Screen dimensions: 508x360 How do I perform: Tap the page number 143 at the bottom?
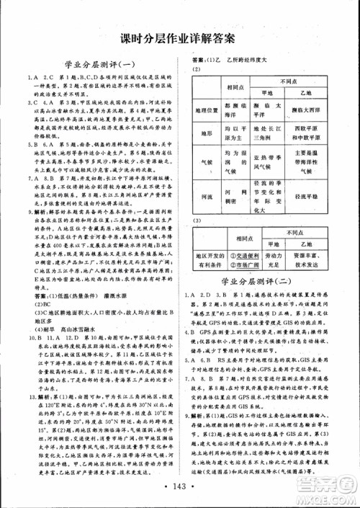[x=180, y=489]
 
